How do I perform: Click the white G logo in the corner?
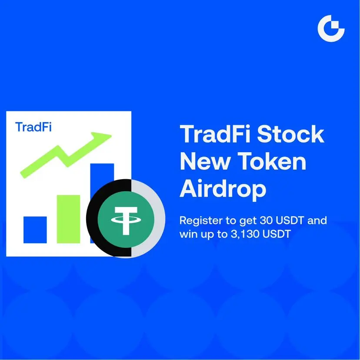pos(331,28)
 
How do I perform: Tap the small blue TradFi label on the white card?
pos(33,127)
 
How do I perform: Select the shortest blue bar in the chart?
pos(35,230)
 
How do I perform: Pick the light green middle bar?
pos(68,219)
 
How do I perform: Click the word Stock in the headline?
pos(290,134)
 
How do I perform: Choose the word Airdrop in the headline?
pos(223,190)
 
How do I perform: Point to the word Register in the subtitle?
pos(201,221)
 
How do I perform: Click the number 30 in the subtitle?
pos(266,220)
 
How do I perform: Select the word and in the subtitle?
pos(317,220)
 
